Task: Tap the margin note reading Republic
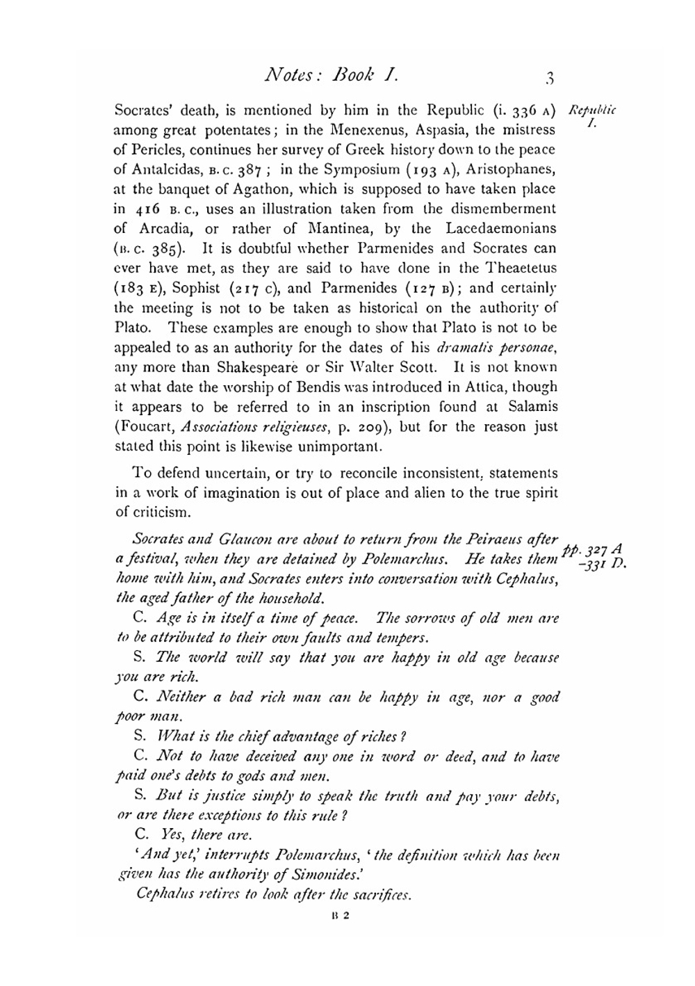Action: pyautogui.click(x=592, y=111)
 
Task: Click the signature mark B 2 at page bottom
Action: pyautogui.click(x=341, y=916)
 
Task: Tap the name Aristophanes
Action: pyautogui.click(x=515, y=169)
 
